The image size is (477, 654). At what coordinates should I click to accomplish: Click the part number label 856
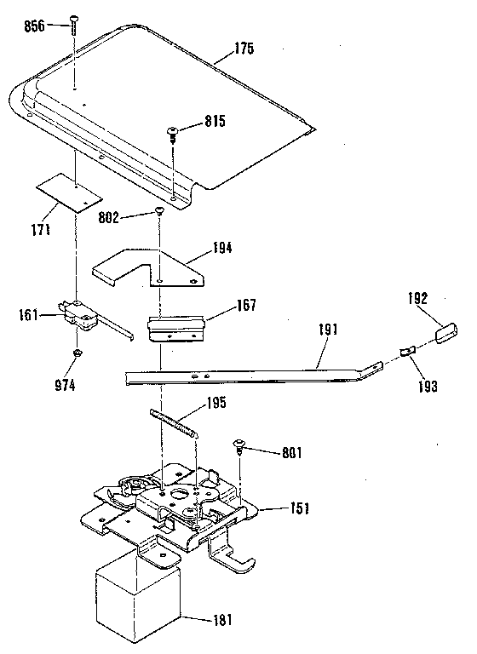click(x=34, y=26)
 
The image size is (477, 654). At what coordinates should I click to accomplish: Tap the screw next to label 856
click(x=74, y=26)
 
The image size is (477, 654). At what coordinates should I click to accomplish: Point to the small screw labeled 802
click(x=159, y=211)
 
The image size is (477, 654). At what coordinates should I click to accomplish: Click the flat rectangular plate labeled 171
click(x=70, y=193)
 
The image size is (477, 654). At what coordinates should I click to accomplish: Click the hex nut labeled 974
click(x=77, y=353)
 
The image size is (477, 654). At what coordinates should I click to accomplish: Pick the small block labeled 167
click(x=176, y=329)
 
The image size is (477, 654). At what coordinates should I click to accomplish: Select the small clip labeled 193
click(x=407, y=351)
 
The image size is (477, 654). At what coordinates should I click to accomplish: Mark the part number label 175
click(x=244, y=49)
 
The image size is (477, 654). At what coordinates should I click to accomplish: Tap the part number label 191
click(x=328, y=330)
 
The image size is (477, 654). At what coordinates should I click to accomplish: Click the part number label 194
click(x=221, y=249)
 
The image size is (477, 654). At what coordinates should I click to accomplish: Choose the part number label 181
click(x=222, y=620)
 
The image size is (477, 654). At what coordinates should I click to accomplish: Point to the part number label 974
click(x=66, y=386)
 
